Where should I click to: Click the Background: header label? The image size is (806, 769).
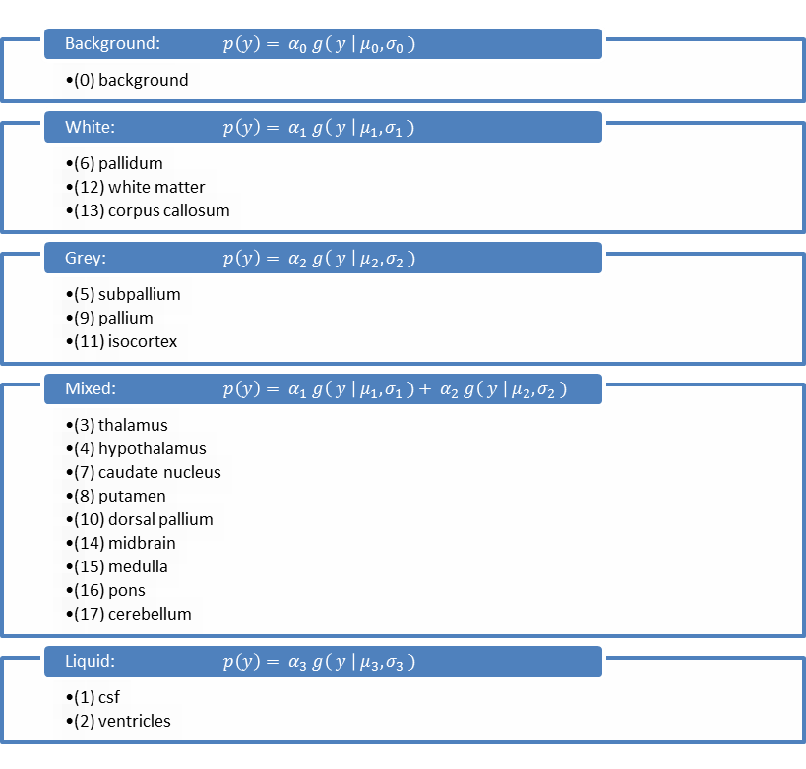(x=112, y=44)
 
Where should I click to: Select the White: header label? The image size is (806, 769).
(x=90, y=127)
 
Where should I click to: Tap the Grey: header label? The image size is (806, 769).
(x=86, y=259)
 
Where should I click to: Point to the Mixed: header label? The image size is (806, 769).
(x=91, y=389)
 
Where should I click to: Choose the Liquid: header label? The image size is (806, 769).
(x=91, y=662)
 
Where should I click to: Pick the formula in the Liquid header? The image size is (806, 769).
(x=319, y=662)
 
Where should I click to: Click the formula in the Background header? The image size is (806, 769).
(x=319, y=44)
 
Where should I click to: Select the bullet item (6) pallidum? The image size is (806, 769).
(x=118, y=163)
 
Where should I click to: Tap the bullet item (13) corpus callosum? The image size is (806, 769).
(x=152, y=210)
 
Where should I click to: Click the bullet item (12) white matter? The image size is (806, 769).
(x=140, y=187)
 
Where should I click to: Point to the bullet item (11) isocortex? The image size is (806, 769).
(x=126, y=341)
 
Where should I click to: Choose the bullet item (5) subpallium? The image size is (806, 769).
(x=127, y=294)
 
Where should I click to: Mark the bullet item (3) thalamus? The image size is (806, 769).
(x=121, y=425)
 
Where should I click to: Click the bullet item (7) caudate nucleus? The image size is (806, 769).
(x=148, y=472)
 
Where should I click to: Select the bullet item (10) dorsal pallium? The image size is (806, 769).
(x=144, y=519)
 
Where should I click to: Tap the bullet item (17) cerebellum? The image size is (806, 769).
(x=133, y=614)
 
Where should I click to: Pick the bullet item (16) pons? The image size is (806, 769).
(x=109, y=590)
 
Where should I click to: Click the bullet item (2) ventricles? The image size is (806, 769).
(x=122, y=721)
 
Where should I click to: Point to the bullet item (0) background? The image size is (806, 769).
(x=131, y=80)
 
